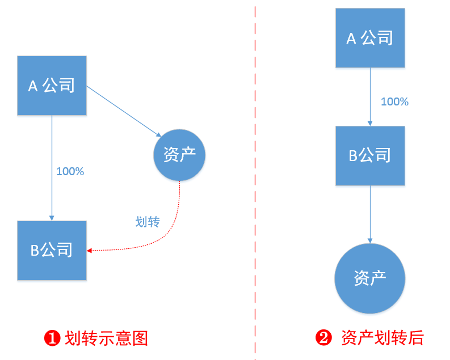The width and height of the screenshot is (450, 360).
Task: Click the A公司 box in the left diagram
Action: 52,86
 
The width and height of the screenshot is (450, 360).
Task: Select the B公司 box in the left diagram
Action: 52,250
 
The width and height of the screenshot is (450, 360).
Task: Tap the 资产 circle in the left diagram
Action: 179,155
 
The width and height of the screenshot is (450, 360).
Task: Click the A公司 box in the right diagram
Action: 370,38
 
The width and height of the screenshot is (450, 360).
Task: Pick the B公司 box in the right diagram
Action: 370,155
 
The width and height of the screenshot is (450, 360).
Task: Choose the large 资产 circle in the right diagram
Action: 370,278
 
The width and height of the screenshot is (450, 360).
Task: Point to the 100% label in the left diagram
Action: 70,171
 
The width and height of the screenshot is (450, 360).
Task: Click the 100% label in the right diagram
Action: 394,102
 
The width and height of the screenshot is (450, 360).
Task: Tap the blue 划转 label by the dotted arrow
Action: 148,222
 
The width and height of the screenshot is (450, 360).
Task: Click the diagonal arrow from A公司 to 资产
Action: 122,111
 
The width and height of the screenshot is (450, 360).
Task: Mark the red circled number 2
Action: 323,338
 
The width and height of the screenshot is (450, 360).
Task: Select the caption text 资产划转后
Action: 382,338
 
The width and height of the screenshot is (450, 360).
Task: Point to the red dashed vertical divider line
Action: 255,181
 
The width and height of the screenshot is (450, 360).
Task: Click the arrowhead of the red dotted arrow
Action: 90,250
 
